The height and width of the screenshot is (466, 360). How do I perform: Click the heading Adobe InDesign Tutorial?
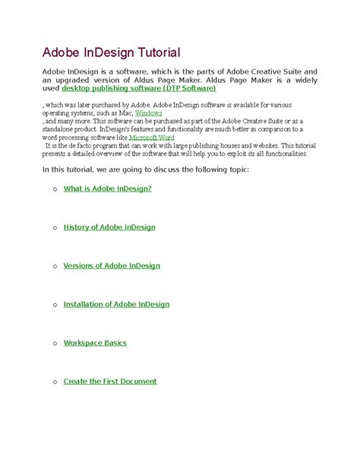pyautogui.click(x=110, y=52)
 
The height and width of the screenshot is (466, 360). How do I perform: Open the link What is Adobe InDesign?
pyautogui.click(x=108, y=188)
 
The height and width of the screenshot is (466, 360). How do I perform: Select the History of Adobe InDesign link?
pyautogui.click(x=109, y=227)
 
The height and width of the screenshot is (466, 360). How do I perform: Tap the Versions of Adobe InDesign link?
pyautogui.click(x=112, y=265)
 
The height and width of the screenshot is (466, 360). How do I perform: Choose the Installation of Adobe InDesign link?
pyautogui.click(x=116, y=304)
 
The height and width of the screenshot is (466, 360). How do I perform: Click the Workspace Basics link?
pyautogui.click(x=95, y=343)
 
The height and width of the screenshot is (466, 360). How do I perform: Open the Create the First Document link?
pyautogui.click(x=110, y=382)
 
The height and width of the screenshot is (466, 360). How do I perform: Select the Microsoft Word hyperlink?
pyautogui.click(x=153, y=137)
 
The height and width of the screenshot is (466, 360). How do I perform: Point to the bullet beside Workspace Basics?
pyautogui.click(x=54, y=344)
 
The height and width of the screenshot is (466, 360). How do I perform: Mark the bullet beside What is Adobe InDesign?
pyautogui.click(x=54, y=189)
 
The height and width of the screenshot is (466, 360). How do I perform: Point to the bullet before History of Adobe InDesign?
pyautogui.click(x=54, y=227)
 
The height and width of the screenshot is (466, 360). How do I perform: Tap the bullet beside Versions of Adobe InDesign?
pyautogui.click(x=54, y=266)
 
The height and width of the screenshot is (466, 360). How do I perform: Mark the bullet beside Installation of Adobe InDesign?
pyautogui.click(x=54, y=305)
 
